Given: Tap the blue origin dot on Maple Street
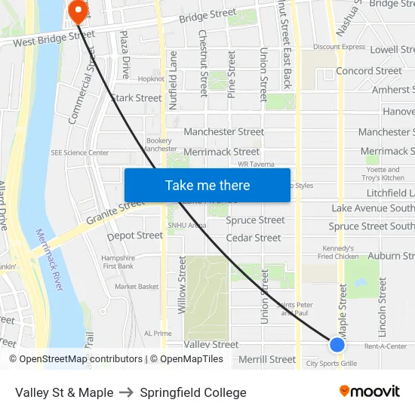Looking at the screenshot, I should pyautogui.click(x=337, y=345).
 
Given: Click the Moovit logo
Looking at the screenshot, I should pyautogui.click(x=370, y=392).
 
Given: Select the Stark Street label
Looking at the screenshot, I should pyautogui.click(x=137, y=98).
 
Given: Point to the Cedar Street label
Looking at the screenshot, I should pyautogui.click(x=254, y=238).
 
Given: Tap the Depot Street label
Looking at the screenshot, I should pyautogui.click(x=135, y=235).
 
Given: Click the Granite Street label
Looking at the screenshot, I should pyautogui.click(x=115, y=211).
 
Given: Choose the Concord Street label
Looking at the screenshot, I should pyautogui.click(x=369, y=71).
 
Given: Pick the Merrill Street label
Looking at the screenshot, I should pyautogui.click(x=267, y=360).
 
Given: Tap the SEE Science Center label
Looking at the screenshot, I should pyautogui.click(x=80, y=152).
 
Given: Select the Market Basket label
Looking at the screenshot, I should pyautogui.click(x=137, y=287).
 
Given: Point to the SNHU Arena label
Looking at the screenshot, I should pyautogui.click(x=186, y=225).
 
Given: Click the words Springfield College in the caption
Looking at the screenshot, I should pyautogui.click(x=193, y=392).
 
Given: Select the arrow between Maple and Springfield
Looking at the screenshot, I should pyautogui.click(x=126, y=392).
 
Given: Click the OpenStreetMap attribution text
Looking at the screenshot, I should pyautogui.click(x=76, y=359).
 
